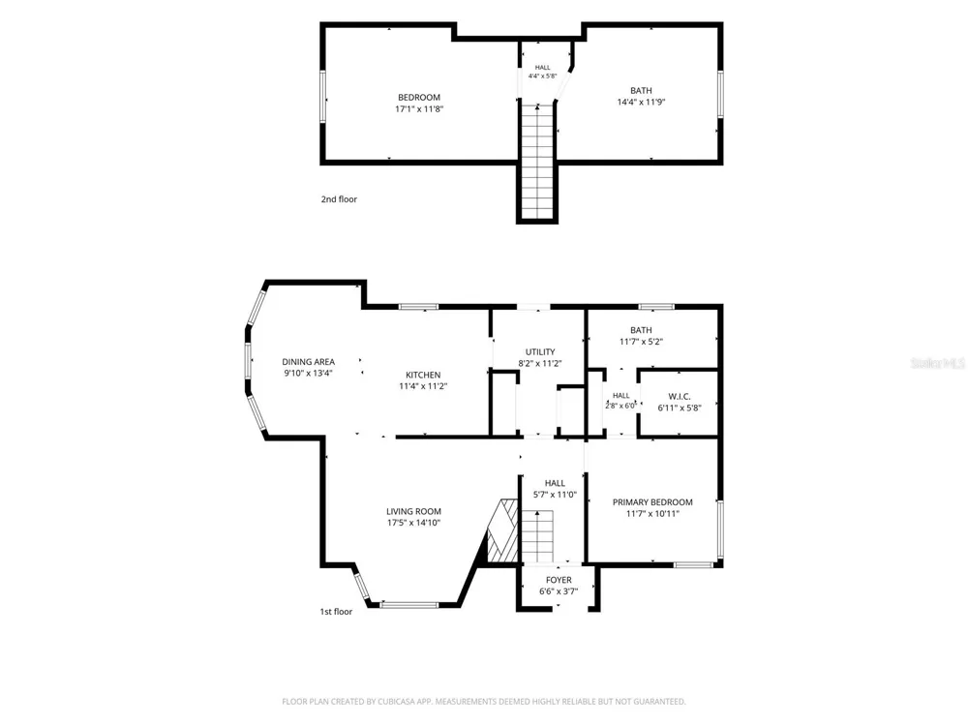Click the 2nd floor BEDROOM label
419,98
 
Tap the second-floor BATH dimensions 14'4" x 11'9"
641,103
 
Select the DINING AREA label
309,362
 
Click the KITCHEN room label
423,375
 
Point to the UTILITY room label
540,352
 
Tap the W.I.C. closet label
680,396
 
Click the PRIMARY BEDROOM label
652,501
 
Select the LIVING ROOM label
413,511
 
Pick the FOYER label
559,580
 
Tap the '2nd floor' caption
339,198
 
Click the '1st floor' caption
336,611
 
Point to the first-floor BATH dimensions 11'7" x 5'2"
641,342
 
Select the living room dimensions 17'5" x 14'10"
413,523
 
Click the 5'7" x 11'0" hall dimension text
555,495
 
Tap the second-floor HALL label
543,68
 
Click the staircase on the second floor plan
537,162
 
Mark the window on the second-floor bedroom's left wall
322,96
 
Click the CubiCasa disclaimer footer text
484,701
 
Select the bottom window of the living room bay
409,604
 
